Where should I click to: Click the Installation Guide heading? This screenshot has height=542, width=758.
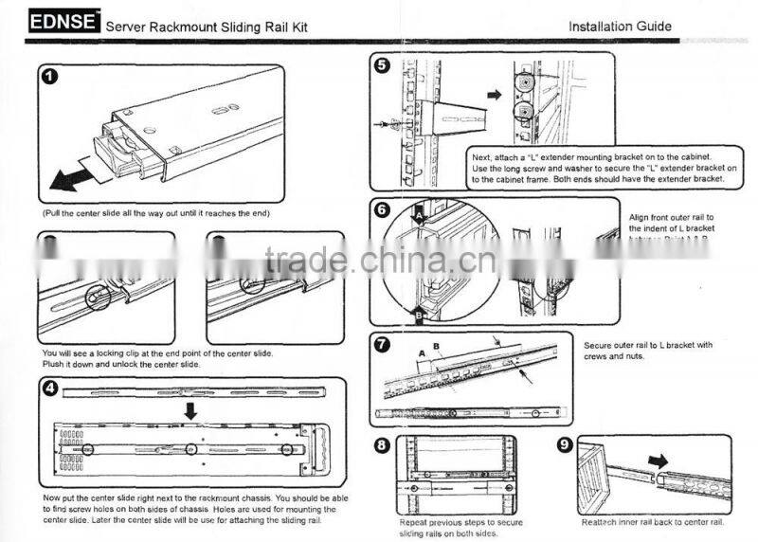620,26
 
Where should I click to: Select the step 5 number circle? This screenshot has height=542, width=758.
381,65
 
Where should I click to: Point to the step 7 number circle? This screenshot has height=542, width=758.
381,343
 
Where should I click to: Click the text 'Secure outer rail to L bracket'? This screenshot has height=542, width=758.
648,345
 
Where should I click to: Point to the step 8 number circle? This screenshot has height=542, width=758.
381,446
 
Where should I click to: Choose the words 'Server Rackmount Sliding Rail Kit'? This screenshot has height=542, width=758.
206,27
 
